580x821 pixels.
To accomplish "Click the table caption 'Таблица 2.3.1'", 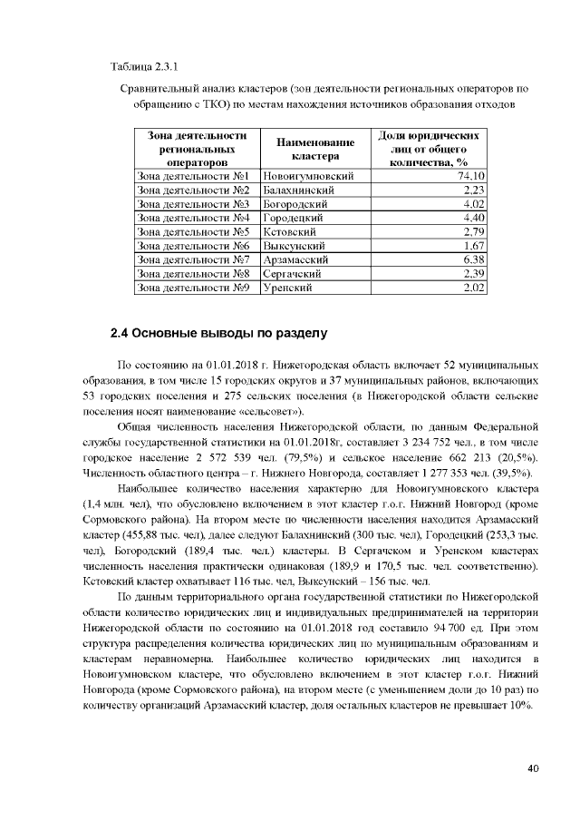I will click(x=143, y=68).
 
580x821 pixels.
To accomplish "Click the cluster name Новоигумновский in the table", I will click(x=307, y=176).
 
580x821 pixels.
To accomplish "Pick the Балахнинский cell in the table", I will click(x=299, y=191).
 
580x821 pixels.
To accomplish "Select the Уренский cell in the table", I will click(x=287, y=288).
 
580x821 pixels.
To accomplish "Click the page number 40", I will click(x=533, y=768).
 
